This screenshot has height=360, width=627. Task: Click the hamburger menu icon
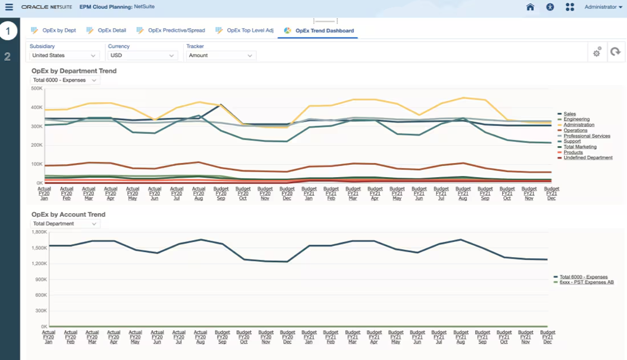[x=8, y=7]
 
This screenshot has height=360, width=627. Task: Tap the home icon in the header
[x=530, y=7]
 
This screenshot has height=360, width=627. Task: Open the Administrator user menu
[x=603, y=7]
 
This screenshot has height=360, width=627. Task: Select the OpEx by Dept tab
[x=58, y=30]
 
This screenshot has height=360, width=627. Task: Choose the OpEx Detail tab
[x=111, y=30]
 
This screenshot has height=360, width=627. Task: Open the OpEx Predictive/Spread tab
[x=176, y=30]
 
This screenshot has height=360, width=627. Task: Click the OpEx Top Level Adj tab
[x=250, y=30]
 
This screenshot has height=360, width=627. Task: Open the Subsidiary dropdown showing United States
[x=64, y=56]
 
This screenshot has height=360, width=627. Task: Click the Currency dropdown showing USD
[x=142, y=56]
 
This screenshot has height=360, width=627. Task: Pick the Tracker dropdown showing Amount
[x=221, y=56]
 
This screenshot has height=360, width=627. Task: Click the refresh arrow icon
[x=616, y=52]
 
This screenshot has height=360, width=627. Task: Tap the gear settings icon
[x=597, y=52]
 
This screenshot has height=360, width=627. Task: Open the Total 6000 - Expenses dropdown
[x=65, y=80]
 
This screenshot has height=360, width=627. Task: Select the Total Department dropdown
[x=65, y=224]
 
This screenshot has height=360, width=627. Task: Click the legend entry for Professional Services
[x=587, y=136]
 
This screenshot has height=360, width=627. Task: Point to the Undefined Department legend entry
[x=588, y=158]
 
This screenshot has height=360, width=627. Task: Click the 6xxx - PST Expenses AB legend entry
[x=586, y=282]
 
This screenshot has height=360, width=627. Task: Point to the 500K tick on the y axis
[x=37, y=88]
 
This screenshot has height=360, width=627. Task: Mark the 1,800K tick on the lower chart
[x=39, y=232]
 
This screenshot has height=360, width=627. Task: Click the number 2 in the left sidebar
[x=7, y=56]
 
